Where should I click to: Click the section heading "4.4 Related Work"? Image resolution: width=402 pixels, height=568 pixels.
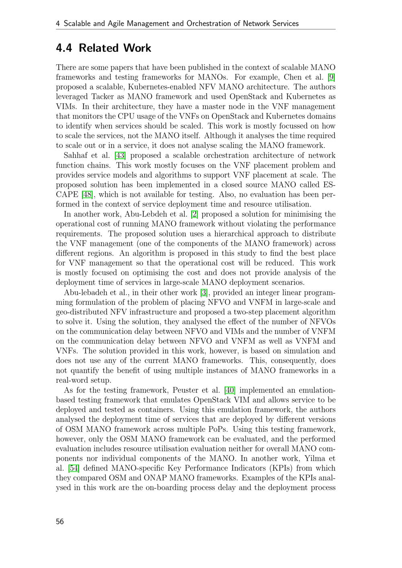[x=103, y=48]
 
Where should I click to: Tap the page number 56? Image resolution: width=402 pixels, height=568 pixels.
[x=60, y=521]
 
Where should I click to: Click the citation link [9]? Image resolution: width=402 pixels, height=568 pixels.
[x=332, y=77]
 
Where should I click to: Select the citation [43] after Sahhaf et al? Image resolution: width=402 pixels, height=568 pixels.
[x=120, y=155]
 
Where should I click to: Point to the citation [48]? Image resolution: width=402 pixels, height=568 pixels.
[x=87, y=194]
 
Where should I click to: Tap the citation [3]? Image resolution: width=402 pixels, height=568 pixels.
[x=204, y=292]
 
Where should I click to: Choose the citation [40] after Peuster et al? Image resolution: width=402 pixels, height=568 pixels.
[x=230, y=390]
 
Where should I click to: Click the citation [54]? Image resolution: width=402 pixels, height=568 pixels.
[x=74, y=468]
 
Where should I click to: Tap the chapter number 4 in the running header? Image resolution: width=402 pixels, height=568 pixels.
[x=58, y=24]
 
